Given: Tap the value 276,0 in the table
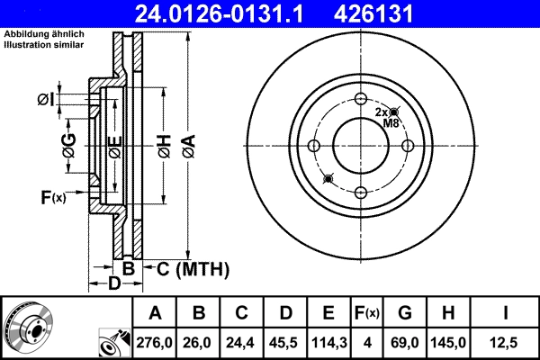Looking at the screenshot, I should tap(156, 343).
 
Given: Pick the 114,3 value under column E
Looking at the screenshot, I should tap(329, 343).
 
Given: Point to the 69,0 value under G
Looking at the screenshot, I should tap(405, 343).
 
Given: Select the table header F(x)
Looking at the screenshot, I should tap(368, 314).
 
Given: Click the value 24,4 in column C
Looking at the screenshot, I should tap(242, 343).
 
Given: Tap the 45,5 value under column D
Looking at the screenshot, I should tap(285, 343).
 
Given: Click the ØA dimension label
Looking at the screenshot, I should tap(187, 146).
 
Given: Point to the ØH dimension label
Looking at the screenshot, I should tap(163, 146).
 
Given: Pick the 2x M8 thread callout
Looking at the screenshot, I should tap(388, 117).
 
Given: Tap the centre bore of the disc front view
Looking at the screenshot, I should tap(360, 146).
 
